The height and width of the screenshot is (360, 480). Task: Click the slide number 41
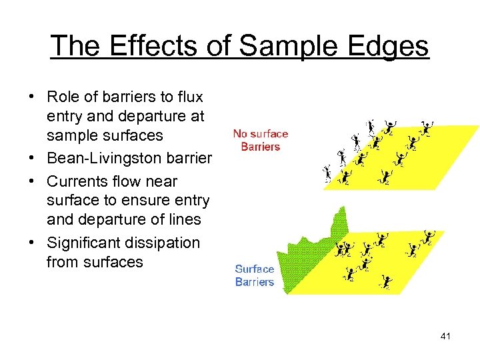click(445, 336)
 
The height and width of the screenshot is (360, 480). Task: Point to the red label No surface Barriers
click(261, 140)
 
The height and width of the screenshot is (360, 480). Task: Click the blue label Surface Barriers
click(254, 275)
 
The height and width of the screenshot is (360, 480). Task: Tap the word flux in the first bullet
click(189, 97)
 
